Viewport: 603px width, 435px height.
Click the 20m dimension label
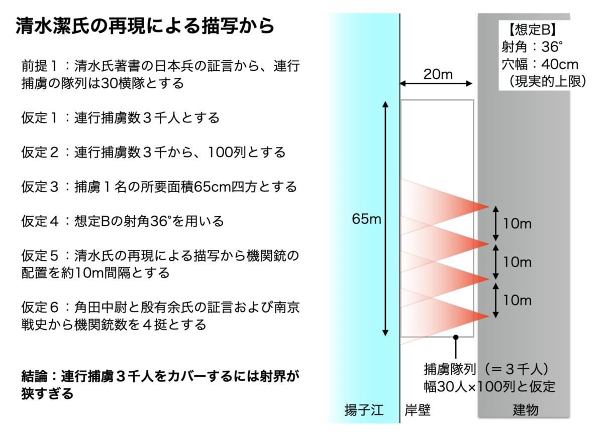tap(438, 74)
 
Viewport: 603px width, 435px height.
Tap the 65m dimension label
tap(366, 219)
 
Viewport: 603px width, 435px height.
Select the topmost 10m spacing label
tap(517, 224)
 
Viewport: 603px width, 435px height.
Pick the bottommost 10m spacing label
tap(517, 301)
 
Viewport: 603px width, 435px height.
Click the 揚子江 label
tap(364, 410)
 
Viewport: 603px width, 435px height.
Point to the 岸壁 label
tap(418, 410)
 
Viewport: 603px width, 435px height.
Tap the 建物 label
tap(526, 410)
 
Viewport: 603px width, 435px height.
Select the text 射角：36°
tap(532, 47)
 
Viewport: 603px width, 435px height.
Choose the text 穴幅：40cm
tap(540, 65)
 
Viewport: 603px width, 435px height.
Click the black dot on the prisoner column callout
tap(455, 337)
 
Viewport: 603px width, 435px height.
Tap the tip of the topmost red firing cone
tap(489, 207)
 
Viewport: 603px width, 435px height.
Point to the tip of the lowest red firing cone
tap(489, 316)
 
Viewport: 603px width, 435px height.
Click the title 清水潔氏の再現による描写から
tap(145, 26)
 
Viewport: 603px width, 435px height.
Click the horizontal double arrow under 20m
tap(436, 84)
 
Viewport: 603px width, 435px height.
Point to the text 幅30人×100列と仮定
tap(489, 387)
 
